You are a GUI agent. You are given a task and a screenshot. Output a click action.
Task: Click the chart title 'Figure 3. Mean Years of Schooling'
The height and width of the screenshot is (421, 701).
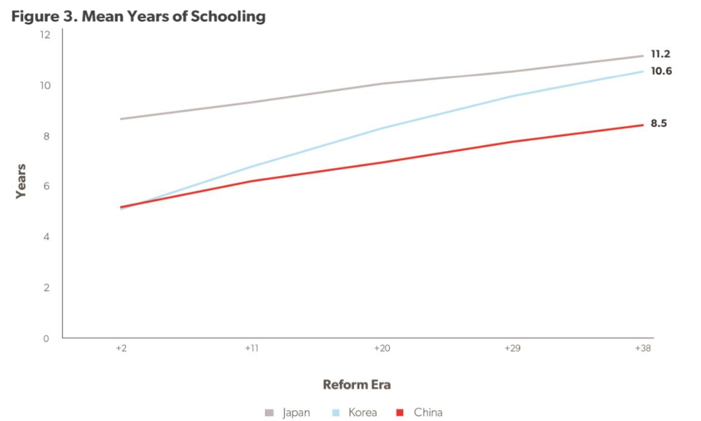click(x=138, y=16)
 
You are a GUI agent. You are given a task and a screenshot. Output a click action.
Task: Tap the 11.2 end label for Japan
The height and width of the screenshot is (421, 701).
click(x=660, y=55)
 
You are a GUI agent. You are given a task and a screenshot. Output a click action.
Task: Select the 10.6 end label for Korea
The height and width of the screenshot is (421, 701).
click(x=660, y=71)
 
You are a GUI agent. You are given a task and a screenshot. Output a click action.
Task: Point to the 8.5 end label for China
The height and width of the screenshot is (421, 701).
click(x=659, y=123)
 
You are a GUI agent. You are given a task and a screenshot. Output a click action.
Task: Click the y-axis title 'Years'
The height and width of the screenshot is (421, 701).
click(x=21, y=181)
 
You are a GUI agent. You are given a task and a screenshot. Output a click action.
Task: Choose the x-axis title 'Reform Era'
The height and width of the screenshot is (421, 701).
click(x=357, y=385)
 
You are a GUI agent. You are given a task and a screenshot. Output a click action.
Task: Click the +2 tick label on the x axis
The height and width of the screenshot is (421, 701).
click(x=121, y=349)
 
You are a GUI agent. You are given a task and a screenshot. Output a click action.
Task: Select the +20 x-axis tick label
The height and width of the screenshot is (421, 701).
click(x=381, y=349)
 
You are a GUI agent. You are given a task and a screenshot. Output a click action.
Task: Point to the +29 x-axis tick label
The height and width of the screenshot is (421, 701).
click(x=512, y=349)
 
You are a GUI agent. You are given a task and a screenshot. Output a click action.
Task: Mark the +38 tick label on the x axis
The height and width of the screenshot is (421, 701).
click(x=642, y=349)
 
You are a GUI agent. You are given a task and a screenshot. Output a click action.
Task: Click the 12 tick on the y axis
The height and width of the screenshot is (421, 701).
click(x=45, y=34)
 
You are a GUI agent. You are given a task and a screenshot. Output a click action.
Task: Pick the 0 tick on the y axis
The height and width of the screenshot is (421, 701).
click(x=47, y=339)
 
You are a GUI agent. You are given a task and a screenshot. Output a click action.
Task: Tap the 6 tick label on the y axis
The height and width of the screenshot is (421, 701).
click(x=47, y=187)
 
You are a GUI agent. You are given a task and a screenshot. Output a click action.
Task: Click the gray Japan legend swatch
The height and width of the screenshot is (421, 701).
click(x=270, y=412)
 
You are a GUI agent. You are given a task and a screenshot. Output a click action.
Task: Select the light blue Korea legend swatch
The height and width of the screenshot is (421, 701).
click(x=335, y=412)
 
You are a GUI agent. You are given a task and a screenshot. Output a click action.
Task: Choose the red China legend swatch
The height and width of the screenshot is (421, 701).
click(x=400, y=412)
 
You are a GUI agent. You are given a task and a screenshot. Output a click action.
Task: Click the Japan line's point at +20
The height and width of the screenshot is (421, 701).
click(x=381, y=84)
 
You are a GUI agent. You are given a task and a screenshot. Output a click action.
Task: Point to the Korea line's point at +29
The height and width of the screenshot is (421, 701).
click(x=512, y=96)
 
